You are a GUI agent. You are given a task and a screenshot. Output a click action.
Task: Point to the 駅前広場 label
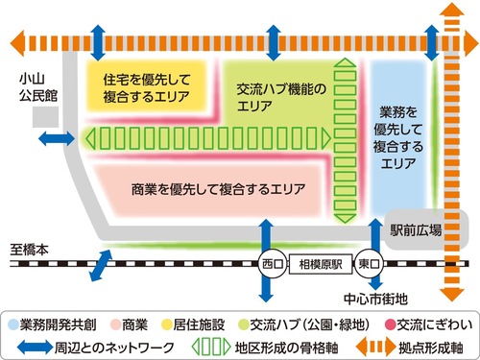point(416,229)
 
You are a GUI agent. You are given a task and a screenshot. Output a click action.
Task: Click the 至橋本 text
point(29,248)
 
